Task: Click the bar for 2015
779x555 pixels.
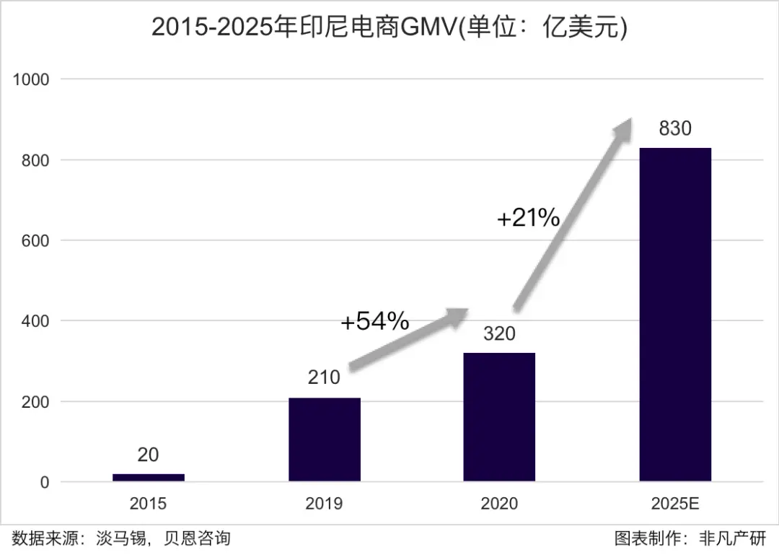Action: point(149,477)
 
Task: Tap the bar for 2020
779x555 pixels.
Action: point(499,416)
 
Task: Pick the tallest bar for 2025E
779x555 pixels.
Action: point(675,314)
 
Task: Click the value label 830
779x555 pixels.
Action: point(675,128)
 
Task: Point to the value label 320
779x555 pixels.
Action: point(499,334)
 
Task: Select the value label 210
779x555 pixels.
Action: point(324,377)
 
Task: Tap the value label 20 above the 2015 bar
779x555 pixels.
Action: point(148,455)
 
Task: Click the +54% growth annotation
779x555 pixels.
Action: point(374,321)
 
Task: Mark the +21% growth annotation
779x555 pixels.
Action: point(528,217)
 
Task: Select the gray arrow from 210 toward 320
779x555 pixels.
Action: point(408,341)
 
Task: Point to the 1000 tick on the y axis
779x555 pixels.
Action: point(31,79)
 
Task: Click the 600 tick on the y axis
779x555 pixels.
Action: point(35,240)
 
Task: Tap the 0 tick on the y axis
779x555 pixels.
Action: point(45,482)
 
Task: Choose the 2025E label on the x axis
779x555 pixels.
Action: point(675,504)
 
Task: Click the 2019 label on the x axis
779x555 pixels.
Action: point(324,504)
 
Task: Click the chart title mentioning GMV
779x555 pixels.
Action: point(389,27)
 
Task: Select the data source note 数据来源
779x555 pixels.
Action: point(121,538)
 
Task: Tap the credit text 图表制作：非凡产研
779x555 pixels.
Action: point(690,538)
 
